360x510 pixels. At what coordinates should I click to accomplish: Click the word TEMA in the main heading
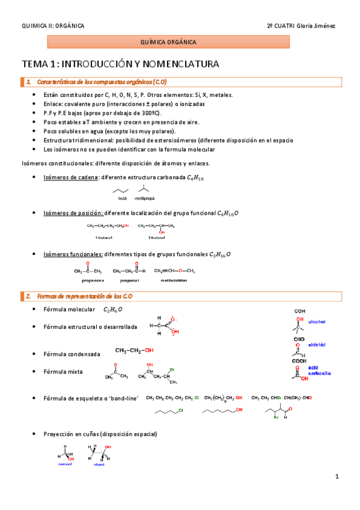(x=34, y=63)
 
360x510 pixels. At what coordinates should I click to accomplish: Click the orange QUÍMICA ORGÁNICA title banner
(x=168, y=42)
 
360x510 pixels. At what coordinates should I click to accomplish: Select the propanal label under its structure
(x=129, y=280)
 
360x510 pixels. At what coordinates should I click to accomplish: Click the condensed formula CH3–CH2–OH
(x=134, y=350)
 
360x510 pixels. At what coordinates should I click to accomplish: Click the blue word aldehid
(x=316, y=345)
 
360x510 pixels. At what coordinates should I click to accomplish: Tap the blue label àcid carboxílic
(x=319, y=370)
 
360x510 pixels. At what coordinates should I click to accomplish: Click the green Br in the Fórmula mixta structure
(x=172, y=369)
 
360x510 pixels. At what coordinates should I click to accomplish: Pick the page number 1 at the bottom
(x=337, y=477)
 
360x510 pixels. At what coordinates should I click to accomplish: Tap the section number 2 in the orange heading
(x=28, y=296)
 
